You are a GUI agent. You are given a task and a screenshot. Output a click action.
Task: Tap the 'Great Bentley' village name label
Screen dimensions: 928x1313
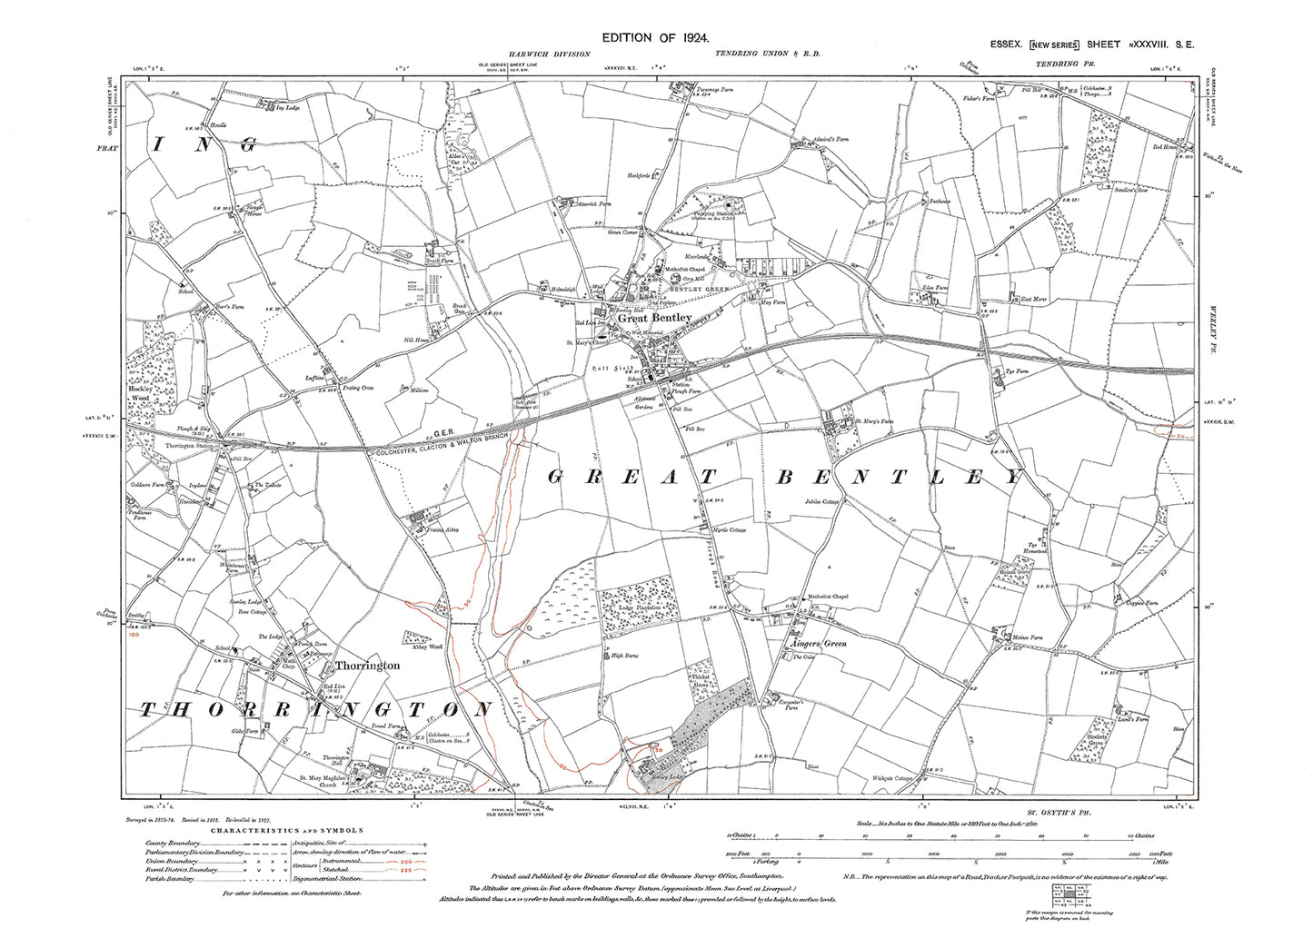click(x=655, y=318)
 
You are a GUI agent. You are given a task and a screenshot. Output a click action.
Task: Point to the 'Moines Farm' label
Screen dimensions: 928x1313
click(x=1025, y=638)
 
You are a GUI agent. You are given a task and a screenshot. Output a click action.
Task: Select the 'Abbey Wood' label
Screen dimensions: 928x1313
click(x=426, y=647)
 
